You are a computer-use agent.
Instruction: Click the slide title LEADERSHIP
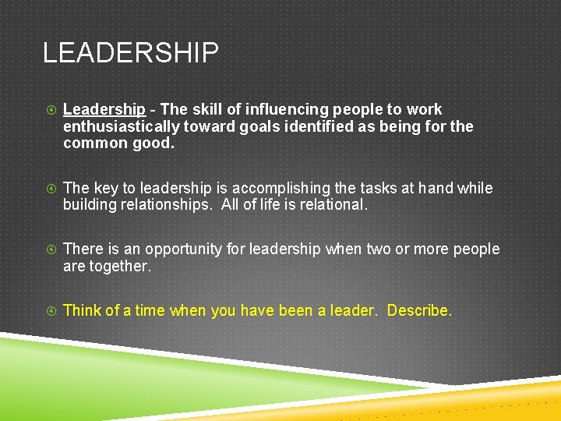point(130,54)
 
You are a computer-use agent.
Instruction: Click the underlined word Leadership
point(104,110)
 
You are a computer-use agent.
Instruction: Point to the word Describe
point(419,310)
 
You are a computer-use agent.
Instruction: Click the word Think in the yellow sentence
point(82,310)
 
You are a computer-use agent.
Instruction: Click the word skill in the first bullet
point(203,110)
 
